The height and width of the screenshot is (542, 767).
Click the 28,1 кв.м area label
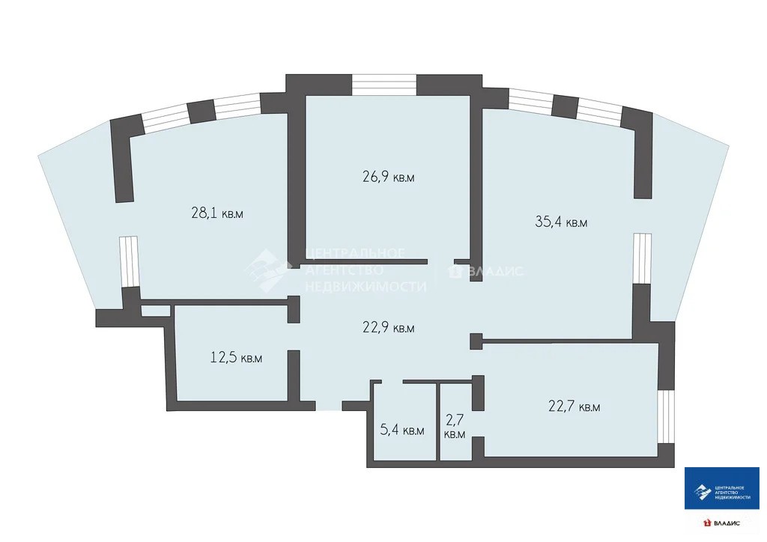217,213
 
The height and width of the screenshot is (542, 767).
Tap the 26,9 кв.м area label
389,177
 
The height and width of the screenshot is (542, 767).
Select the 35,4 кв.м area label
561,222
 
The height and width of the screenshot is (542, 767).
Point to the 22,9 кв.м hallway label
389,327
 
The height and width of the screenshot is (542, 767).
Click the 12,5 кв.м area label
236,357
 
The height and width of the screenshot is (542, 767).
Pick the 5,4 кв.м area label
402,430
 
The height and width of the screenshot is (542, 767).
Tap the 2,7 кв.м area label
455,427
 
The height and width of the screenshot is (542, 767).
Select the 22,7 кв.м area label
575,406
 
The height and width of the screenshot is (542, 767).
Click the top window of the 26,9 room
384,85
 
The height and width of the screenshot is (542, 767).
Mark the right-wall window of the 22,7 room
666,417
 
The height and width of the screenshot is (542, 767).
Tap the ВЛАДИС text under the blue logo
727,523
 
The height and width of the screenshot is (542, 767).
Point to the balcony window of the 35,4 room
642,258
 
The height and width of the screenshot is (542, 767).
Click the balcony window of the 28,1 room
129,261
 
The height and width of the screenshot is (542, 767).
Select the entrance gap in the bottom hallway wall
329,406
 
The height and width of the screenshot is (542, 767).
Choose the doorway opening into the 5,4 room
392,382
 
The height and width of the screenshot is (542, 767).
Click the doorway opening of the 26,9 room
440,261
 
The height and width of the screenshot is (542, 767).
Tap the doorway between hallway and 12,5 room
294,337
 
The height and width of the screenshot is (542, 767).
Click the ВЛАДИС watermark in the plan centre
496,271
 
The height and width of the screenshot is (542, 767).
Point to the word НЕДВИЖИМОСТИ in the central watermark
366,286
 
